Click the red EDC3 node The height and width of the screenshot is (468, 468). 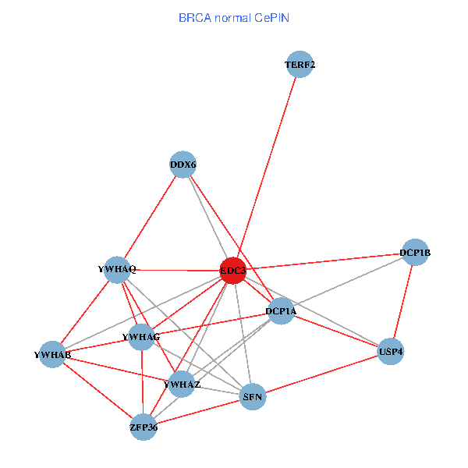pyautogui.click(x=233, y=271)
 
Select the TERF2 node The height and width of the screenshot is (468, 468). pyautogui.click(x=300, y=65)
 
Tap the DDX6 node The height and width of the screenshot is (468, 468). pyautogui.click(x=183, y=165)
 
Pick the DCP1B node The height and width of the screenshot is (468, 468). pyautogui.click(x=415, y=252)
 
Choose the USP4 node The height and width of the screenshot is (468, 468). pyautogui.click(x=391, y=352)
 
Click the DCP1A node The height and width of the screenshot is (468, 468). pyautogui.click(x=281, y=311)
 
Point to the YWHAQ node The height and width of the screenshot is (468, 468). pyautogui.click(x=117, y=269)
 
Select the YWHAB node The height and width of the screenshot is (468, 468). pyautogui.click(x=52, y=355)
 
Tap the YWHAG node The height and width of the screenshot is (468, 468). pyautogui.click(x=142, y=336)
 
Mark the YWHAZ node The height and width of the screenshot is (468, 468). pyautogui.click(x=182, y=384)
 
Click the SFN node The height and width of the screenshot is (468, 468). pyautogui.click(x=253, y=397)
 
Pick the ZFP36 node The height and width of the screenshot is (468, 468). pyautogui.click(x=144, y=427)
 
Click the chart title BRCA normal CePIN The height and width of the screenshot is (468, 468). pyautogui.click(x=233, y=17)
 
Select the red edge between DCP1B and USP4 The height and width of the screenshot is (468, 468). pyautogui.click(x=403, y=301)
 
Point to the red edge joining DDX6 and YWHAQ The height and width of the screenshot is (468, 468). pyautogui.click(x=150, y=217)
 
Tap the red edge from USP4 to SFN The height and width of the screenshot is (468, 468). pyautogui.click(x=322, y=374)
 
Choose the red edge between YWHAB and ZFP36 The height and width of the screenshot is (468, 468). pyautogui.click(x=97, y=391)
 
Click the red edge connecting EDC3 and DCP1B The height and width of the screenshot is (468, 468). pyautogui.click(x=324, y=261)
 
